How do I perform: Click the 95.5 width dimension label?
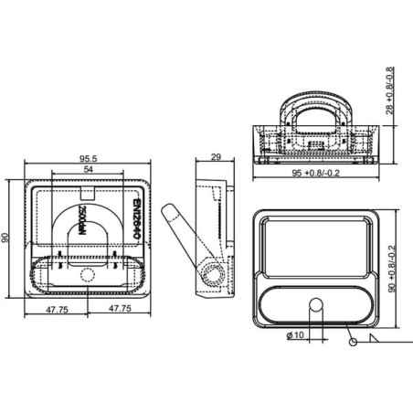(88, 158)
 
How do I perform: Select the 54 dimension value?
(88, 169)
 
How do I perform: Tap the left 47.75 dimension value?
(57, 310)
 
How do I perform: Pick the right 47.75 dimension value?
(121, 309)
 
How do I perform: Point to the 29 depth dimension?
(216, 157)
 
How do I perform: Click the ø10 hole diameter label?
(295, 335)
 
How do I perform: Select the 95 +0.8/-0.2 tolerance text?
(315, 173)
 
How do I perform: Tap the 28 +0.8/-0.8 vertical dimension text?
(390, 90)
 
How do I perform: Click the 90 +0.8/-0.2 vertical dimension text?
(392, 269)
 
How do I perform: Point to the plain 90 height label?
(5, 238)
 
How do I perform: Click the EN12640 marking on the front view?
(137, 219)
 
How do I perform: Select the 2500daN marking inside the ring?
(81, 220)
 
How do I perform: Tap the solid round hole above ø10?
(316, 304)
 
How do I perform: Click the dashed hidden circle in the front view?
(88, 275)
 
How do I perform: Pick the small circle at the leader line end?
(353, 342)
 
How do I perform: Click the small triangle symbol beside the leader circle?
(373, 338)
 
